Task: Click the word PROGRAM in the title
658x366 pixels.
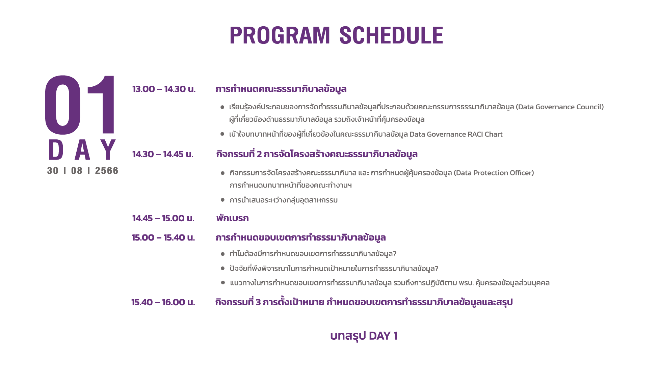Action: coord(280,35)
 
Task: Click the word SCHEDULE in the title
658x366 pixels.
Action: coord(391,35)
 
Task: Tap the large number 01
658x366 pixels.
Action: coord(80,105)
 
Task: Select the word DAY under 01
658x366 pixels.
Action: coord(82,150)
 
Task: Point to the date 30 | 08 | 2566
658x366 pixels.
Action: coord(83,171)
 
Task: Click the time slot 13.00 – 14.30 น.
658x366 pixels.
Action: coord(164,89)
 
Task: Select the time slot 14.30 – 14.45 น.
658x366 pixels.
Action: coord(163,154)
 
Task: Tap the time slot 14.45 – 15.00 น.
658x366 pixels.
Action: coord(163,218)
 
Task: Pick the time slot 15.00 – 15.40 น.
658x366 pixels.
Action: coord(163,237)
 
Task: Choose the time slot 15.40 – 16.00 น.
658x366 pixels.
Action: coord(163,302)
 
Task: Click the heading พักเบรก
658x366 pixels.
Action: coord(232,218)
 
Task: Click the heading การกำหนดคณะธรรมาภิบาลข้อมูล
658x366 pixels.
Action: coord(281,89)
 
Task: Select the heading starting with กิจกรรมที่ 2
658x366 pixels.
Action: coord(317,154)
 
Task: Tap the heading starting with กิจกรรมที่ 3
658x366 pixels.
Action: coord(364,302)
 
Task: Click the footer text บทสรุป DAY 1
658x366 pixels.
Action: coord(364,336)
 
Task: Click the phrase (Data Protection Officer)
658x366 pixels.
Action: coord(494,173)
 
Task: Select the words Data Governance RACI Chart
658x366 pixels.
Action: coord(456,134)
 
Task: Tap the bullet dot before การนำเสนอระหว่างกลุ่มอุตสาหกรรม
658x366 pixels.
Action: coord(222,200)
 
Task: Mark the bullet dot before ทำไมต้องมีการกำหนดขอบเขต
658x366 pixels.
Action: coord(222,254)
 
